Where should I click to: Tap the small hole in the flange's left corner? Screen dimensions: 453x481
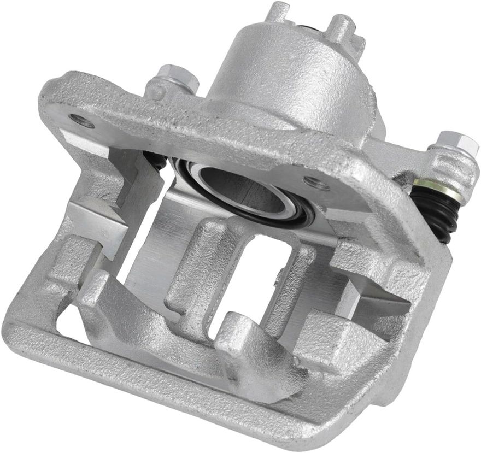(x=83, y=121)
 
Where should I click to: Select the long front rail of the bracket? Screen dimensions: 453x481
(x=164, y=377)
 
